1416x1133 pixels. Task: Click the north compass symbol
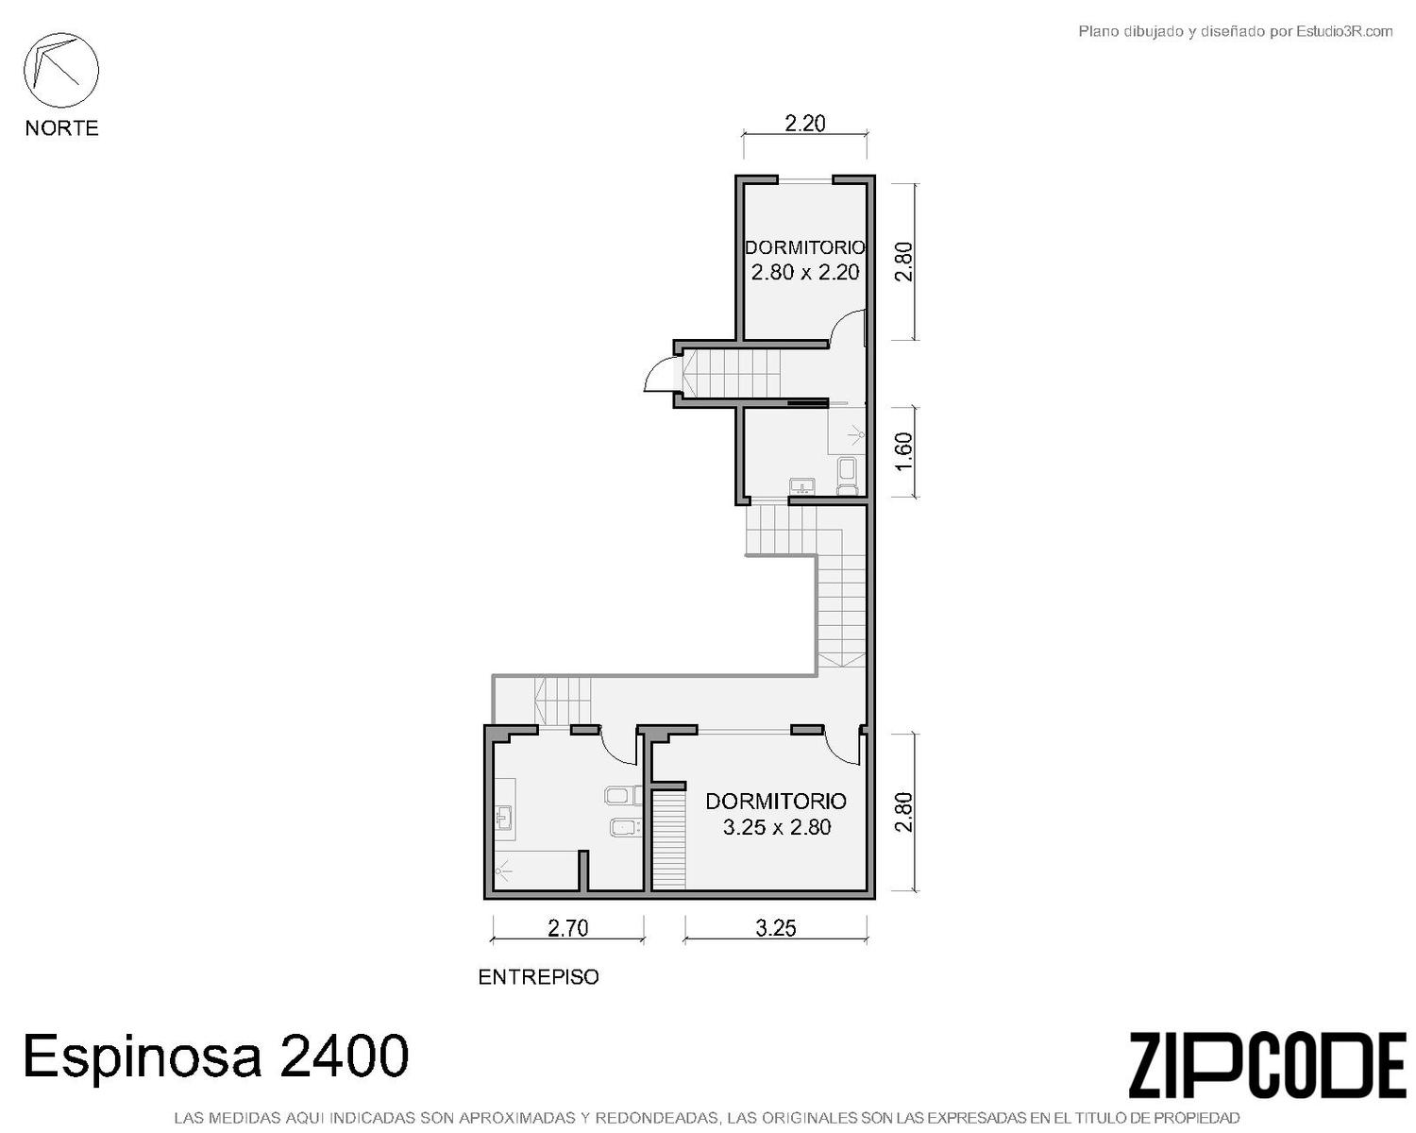(61, 71)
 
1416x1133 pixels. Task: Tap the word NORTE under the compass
(62, 127)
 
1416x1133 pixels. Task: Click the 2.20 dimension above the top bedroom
(804, 123)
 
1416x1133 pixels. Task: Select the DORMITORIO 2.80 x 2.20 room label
(804, 260)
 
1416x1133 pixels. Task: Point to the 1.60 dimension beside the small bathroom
(904, 451)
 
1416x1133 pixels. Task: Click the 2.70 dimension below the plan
(568, 928)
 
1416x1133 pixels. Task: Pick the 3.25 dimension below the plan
(776, 928)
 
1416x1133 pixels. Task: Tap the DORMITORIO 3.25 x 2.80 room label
(776, 814)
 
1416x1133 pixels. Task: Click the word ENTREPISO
(538, 977)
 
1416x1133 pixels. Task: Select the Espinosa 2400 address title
(216, 1056)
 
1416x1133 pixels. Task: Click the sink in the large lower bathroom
(505, 819)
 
